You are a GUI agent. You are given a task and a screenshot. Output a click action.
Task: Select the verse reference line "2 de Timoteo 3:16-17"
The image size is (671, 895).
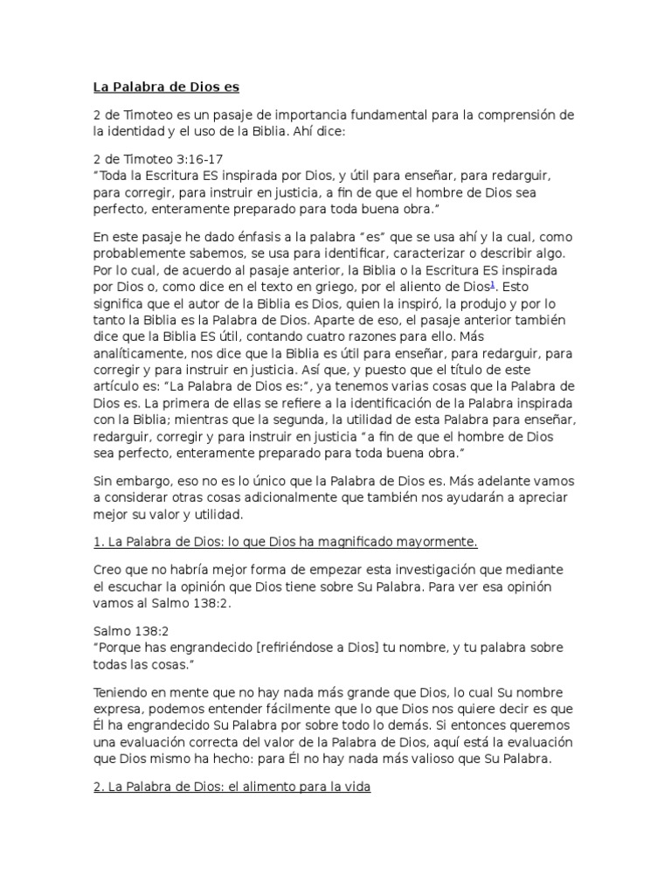click(x=157, y=160)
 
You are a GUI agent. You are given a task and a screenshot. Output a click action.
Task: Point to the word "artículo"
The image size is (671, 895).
click(x=118, y=382)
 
